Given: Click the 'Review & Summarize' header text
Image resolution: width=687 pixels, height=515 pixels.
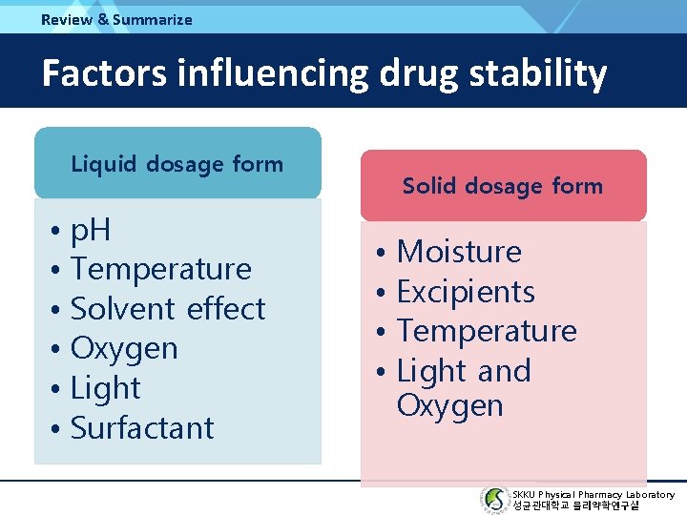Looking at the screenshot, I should pyautogui.click(x=116, y=19).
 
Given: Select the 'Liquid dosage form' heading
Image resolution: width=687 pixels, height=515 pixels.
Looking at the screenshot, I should pyautogui.click(x=177, y=164).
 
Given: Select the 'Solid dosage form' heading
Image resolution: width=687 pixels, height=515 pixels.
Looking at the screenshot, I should pyautogui.click(x=503, y=186).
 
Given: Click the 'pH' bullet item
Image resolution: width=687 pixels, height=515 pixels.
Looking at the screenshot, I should pyautogui.click(x=92, y=230).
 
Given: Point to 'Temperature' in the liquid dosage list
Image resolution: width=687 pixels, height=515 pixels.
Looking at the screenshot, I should pyautogui.click(x=160, y=269).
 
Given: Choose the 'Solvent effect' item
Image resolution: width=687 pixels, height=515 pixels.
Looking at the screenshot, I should pyautogui.click(x=168, y=309).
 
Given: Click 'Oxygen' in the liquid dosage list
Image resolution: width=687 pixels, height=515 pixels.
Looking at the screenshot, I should pyautogui.click(x=124, y=349).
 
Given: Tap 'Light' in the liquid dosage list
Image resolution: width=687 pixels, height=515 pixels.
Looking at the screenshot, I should pyautogui.click(x=106, y=388).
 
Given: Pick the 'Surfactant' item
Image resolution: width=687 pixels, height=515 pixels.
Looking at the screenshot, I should pyautogui.click(x=142, y=428).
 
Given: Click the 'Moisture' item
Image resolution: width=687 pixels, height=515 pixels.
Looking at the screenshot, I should pyautogui.click(x=459, y=252).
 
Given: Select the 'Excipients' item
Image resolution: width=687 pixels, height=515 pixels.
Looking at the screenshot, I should pyautogui.click(x=466, y=292).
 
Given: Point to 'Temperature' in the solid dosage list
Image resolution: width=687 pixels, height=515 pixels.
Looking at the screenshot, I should pyautogui.click(x=487, y=331).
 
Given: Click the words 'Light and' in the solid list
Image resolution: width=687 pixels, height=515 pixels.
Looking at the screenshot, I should pyautogui.click(x=464, y=371).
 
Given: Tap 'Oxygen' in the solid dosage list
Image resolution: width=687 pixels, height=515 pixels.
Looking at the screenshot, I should pyautogui.click(x=449, y=406).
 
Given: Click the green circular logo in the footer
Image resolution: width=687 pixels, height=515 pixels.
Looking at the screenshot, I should pyautogui.click(x=494, y=500).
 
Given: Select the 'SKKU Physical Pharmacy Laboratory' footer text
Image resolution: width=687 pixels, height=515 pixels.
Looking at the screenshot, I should pyautogui.click(x=593, y=494).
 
